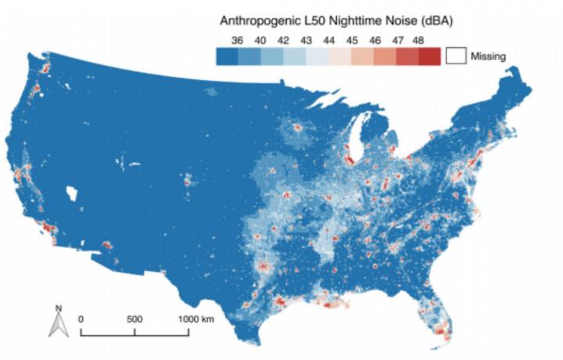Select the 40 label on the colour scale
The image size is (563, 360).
coord(261,40)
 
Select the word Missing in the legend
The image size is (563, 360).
coord(488,56)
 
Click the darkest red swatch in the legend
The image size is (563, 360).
coord(429,56)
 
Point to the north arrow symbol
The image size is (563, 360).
coord(58,322)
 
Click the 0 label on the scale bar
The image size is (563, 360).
coord(82,319)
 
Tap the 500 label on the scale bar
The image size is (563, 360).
coord(134,319)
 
